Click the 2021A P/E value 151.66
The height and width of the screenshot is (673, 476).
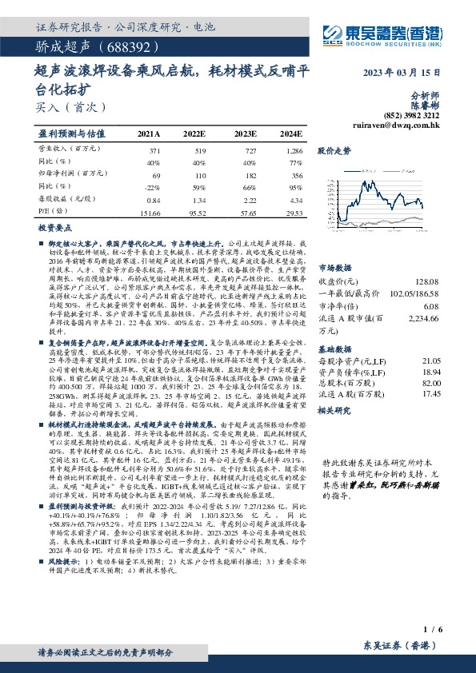click(149, 213)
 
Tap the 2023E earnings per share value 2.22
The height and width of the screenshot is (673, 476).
click(247, 201)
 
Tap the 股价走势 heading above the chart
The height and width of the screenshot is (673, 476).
click(334, 150)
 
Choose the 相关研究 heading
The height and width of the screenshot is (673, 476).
click(334, 409)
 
